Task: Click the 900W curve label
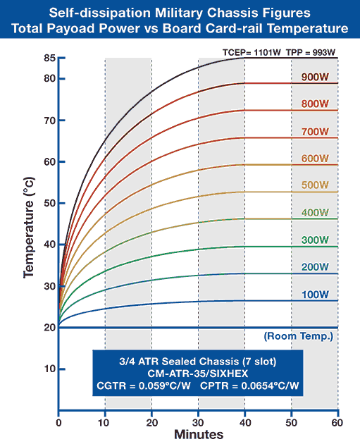[315, 77]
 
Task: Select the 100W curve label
[315, 295]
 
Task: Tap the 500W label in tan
[315, 185]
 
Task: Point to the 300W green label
[315, 240]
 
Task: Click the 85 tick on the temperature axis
[49, 58]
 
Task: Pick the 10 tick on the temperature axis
[49, 369]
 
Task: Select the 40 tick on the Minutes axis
[245, 423]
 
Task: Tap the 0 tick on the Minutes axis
[58, 423]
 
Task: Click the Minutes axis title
[199, 435]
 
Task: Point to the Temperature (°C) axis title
[29, 228]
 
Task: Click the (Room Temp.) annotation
[299, 336]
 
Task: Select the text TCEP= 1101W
[252, 52]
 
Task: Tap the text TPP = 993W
[311, 52]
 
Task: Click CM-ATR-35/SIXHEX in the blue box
[198, 374]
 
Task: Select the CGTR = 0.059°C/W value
[144, 386]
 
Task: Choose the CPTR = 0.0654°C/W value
[249, 386]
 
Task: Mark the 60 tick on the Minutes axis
[337, 423]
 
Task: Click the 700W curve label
[315, 132]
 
